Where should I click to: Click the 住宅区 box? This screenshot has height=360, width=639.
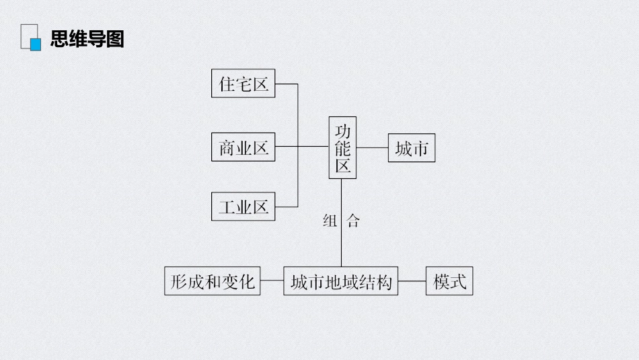coord(243,83)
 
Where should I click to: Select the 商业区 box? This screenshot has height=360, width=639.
coord(243,147)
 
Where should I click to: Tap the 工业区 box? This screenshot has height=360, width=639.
coord(243,207)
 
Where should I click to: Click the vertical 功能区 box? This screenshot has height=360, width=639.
coord(343,147)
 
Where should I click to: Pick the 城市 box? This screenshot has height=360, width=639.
coord(412,147)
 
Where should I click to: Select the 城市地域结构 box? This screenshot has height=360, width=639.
coord(341,281)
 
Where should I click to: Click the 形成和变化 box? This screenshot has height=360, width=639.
coord(213,281)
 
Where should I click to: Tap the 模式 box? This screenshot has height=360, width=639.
coord(449,281)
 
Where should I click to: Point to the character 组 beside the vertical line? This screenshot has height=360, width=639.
coord(330,221)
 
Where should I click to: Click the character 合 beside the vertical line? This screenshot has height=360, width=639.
coord(353,221)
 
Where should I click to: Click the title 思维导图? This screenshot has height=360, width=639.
coord(87,39)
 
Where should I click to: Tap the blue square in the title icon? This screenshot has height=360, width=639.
coord(36,44)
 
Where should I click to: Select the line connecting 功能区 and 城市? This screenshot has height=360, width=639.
coord(372,147)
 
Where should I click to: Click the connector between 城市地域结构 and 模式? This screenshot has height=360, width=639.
coord(412,281)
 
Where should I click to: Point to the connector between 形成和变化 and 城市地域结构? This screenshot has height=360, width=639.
coord(272,281)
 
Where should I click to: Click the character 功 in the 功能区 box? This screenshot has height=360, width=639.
coord(343,131)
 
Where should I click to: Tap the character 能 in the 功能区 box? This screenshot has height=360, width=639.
coord(343,149)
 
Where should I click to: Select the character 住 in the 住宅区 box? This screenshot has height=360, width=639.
coord(227,84)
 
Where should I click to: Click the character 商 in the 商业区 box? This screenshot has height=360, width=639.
coord(227,147)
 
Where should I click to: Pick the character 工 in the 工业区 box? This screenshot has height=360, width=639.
coord(227,207)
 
